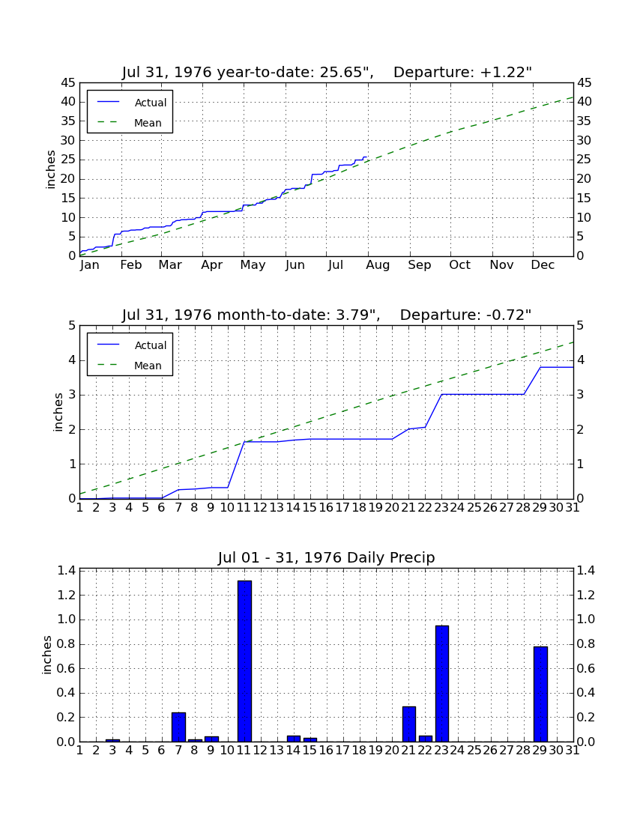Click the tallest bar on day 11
244,661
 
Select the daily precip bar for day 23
442,684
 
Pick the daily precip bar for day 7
178,727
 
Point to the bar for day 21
409,724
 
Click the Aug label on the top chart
378,265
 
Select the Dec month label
543,265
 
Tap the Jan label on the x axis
90,265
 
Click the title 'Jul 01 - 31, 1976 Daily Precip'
327,557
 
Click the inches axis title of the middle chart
58,413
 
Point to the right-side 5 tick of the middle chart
580,326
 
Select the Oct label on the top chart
460,265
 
